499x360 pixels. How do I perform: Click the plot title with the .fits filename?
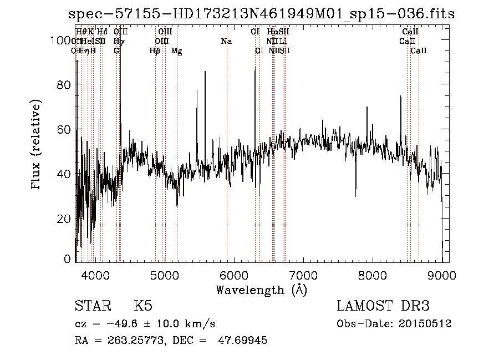(x=261, y=14)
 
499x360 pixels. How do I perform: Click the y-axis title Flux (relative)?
(x=37, y=145)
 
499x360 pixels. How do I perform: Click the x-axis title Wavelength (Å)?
(x=261, y=290)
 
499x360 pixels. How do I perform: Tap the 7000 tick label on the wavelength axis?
(x=303, y=275)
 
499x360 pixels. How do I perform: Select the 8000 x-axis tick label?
(x=373, y=275)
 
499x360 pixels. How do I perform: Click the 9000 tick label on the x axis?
(x=442, y=275)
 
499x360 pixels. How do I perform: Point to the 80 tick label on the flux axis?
(x=65, y=85)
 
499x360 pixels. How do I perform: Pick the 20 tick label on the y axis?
(x=65, y=219)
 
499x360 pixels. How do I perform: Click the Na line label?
(x=226, y=42)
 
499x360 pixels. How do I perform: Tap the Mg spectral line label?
(x=176, y=51)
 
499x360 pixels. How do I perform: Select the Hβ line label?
(x=155, y=51)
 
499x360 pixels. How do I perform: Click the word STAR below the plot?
(x=93, y=306)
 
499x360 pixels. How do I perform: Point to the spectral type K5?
(x=143, y=306)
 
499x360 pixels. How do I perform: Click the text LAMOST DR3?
(x=383, y=306)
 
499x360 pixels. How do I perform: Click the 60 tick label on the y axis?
(x=65, y=129)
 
